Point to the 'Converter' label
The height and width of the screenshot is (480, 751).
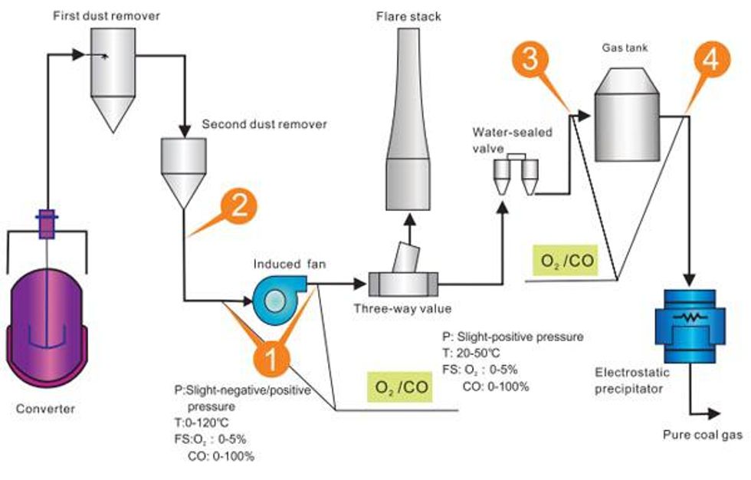[x=46, y=409]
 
